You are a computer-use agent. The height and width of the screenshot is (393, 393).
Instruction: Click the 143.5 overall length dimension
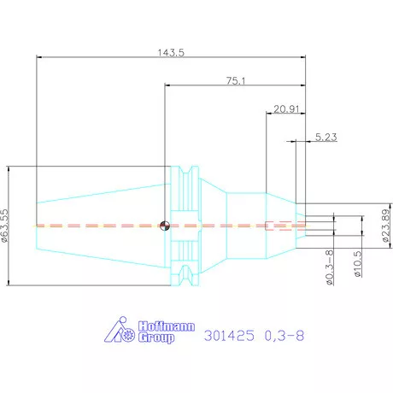point(171,53)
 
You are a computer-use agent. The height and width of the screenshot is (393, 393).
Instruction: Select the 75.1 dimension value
point(236,81)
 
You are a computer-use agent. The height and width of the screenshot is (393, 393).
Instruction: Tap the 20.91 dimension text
point(286,109)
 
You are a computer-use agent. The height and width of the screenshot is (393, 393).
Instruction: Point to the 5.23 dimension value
point(326,137)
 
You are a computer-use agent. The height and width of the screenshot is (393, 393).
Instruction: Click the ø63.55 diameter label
point(5,226)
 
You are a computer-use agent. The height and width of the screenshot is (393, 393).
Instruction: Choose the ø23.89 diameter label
point(385,226)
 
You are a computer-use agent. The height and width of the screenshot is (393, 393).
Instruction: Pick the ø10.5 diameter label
point(358,263)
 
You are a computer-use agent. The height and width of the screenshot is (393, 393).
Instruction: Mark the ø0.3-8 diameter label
point(329,267)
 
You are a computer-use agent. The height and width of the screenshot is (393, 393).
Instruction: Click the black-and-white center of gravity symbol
point(165,226)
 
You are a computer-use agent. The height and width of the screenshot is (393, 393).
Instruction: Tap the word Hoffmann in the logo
point(167,326)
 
